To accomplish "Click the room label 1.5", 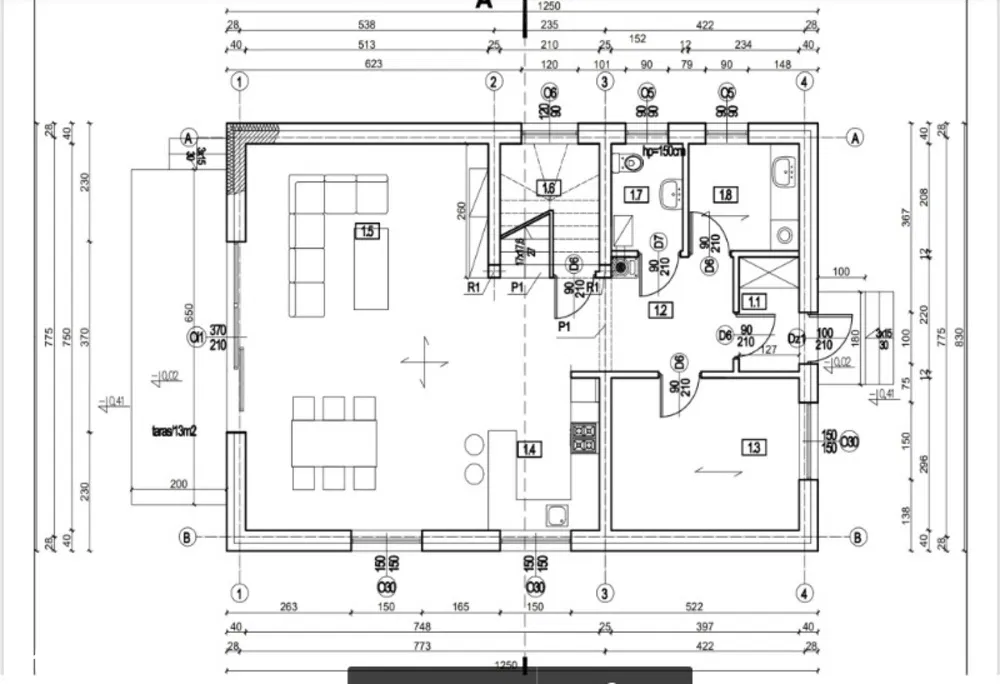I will click(366, 231).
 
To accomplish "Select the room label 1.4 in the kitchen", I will click(529, 450).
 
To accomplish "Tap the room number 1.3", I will click(753, 447).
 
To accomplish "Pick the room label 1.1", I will click(752, 299).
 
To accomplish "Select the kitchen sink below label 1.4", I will click(557, 514).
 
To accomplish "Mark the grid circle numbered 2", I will click(493, 82).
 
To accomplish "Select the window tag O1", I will click(196, 337).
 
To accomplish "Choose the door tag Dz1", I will click(796, 340).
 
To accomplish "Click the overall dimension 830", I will click(961, 338).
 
